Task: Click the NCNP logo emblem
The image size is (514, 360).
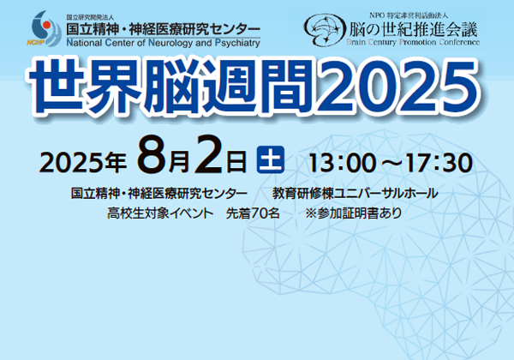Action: coord(45,28)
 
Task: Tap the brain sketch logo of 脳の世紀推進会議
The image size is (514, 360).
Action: coord(325,29)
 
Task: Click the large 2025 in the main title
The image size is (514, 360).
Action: coord(398,87)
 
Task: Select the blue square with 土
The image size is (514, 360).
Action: coord(271,159)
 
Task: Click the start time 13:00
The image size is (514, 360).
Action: coord(343,163)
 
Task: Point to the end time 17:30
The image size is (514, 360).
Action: coord(439,163)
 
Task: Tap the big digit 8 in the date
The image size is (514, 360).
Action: coord(152,154)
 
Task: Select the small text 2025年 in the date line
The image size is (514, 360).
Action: coord(83,163)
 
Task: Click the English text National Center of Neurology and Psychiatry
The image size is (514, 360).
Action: coord(164,43)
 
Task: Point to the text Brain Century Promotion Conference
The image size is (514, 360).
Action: coord(413,42)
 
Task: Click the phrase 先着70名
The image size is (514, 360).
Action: coord(253,213)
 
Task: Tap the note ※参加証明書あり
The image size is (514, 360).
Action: coord(353,213)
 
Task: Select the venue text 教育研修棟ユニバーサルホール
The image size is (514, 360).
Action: coord(355,194)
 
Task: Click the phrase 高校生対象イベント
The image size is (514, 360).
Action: coord(160,213)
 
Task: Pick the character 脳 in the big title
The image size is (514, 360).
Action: coord(172,87)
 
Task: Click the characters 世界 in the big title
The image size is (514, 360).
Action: coord(85,87)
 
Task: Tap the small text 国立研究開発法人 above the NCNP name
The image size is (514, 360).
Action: coord(90,18)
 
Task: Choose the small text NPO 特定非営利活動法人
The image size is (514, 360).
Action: coord(409,15)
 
